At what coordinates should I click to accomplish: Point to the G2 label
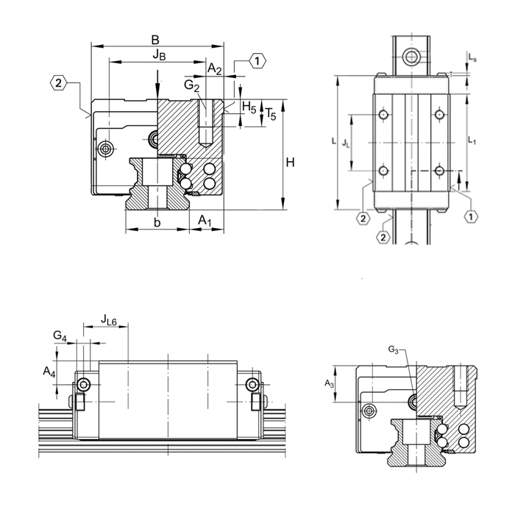[192, 86]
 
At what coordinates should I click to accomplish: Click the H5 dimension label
[249, 109]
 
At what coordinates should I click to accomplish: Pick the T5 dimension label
[270, 114]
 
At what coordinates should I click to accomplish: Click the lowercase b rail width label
[157, 221]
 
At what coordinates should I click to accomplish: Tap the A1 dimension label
[207, 221]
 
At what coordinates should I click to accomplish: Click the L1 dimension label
[474, 143]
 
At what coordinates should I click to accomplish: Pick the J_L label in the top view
[347, 144]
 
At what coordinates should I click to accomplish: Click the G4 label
[60, 336]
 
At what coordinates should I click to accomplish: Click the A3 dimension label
[329, 383]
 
